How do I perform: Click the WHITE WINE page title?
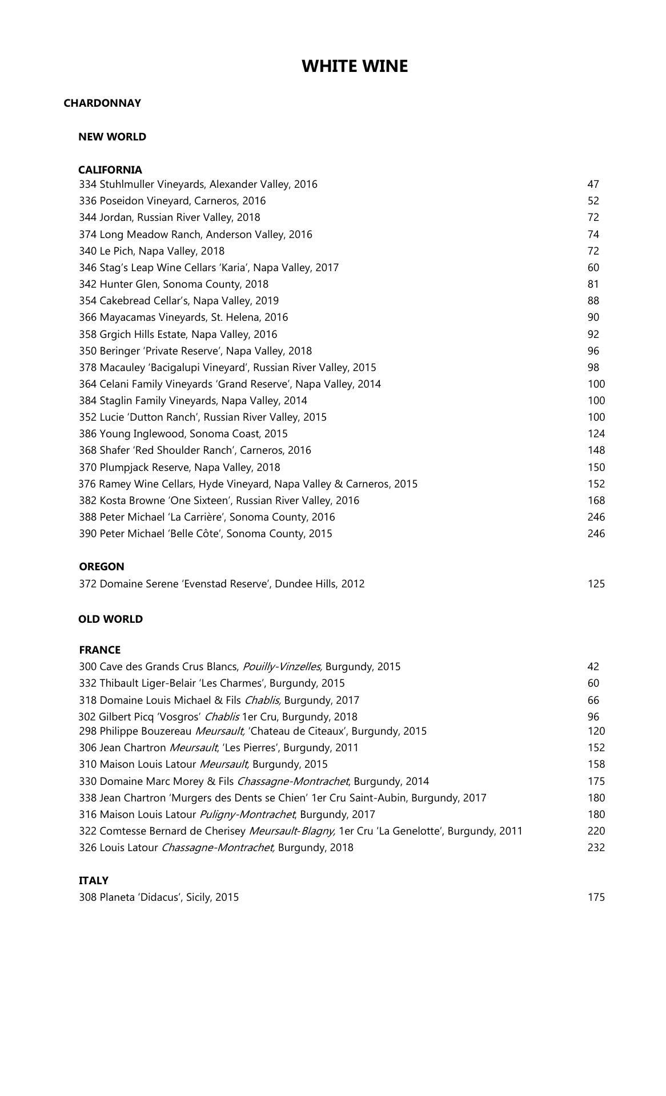(x=354, y=66)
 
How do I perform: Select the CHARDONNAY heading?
(x=102, y=103)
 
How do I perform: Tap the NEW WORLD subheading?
(x=112, y=137)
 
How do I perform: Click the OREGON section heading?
(x=102, y=567)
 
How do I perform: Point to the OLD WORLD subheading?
(x=110, y=619)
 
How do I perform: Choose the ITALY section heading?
(x=94, y=881)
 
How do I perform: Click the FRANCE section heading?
(x=100, y=650)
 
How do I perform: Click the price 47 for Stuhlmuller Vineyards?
(x=593, y=184)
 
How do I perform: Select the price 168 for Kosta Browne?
(x=596, y=501)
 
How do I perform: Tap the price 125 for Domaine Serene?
(x=596, y=584)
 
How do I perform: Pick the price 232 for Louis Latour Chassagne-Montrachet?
(x=596, y=848)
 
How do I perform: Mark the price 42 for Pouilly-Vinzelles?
(x=593, y=667)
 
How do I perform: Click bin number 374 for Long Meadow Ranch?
(x=88, y=235)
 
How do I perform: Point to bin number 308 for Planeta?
(x=88, y=897)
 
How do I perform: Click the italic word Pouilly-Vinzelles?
(x=282, y=667)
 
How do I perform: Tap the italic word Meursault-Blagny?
(x=292, y=831)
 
